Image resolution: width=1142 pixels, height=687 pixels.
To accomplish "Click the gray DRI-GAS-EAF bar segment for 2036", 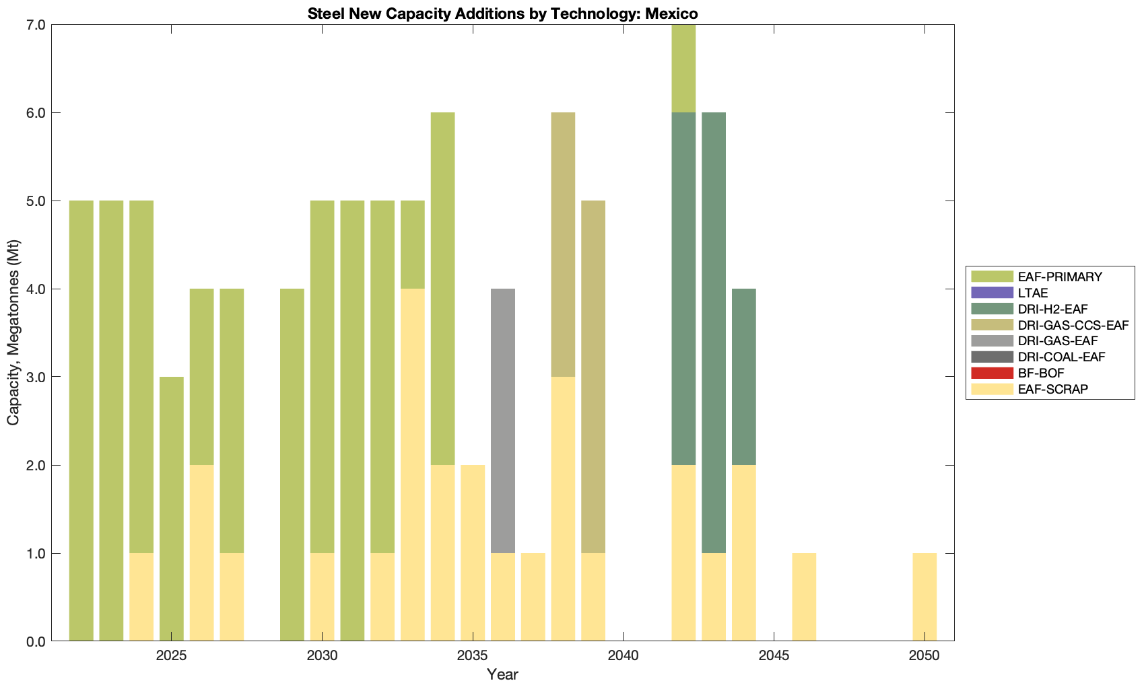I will (x=503, y=421).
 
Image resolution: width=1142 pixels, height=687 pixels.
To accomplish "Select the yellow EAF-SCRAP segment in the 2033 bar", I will (x=413, y=464).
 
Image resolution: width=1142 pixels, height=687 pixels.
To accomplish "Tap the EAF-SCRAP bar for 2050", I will (x=925, y=597).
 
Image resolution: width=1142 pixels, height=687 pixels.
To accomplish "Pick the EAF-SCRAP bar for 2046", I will (x=804, y=597).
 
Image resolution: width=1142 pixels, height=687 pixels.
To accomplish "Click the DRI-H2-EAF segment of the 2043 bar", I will (x=714, y=332).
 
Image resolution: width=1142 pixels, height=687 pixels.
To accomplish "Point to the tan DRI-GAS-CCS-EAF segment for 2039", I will (x=593, y=377).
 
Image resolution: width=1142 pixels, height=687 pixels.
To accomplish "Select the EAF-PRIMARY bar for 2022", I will (x=81, y=421).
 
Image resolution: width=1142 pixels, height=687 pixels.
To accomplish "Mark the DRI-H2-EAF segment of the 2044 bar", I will (x=744, y=377).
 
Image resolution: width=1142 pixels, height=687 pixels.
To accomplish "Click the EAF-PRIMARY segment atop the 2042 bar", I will (x=683, y=69).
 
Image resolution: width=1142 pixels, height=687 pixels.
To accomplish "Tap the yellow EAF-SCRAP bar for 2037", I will (x=533, y=597).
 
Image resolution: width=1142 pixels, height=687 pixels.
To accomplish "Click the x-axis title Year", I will (x=502, y=674).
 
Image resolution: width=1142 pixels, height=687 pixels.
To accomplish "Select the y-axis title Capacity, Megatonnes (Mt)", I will (x=13, y=332).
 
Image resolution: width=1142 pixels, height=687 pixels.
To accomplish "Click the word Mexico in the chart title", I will (x=673, y=13).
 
